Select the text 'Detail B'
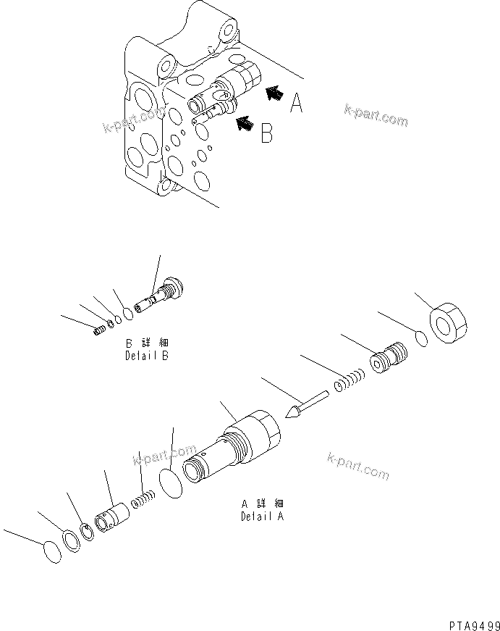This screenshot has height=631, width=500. point(147,356)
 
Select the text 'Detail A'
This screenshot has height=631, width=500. point(262,517)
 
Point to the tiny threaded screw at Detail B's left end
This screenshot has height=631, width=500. point(101,330)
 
